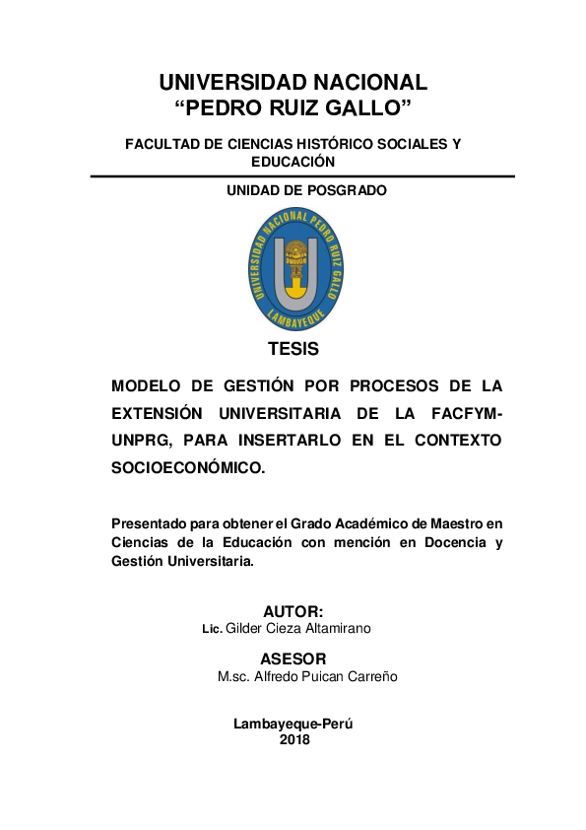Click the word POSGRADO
[345, 190]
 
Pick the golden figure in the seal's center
[294, 260]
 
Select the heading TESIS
[293, 349]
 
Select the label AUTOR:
[293, 612]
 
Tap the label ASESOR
[293, 658]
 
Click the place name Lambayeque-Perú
[293, 724]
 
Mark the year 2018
[294, 739]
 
